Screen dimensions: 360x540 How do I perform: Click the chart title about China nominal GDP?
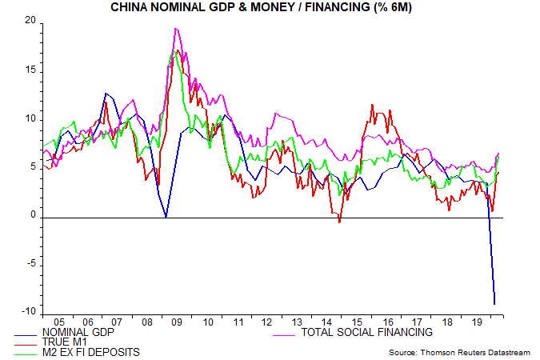tap(270, 7)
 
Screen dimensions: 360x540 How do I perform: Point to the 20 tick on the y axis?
tap(31, 22)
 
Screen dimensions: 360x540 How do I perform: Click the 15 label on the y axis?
tap(31, 70)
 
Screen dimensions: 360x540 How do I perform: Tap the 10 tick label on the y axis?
tap(31, 119)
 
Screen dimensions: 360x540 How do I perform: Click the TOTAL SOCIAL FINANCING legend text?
tap(366, 331)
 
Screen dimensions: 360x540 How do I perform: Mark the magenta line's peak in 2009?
tap(175, 29)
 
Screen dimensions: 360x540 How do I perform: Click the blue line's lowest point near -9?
tap(495, 304)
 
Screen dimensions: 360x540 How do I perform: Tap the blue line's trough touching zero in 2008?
tap(165, 216)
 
